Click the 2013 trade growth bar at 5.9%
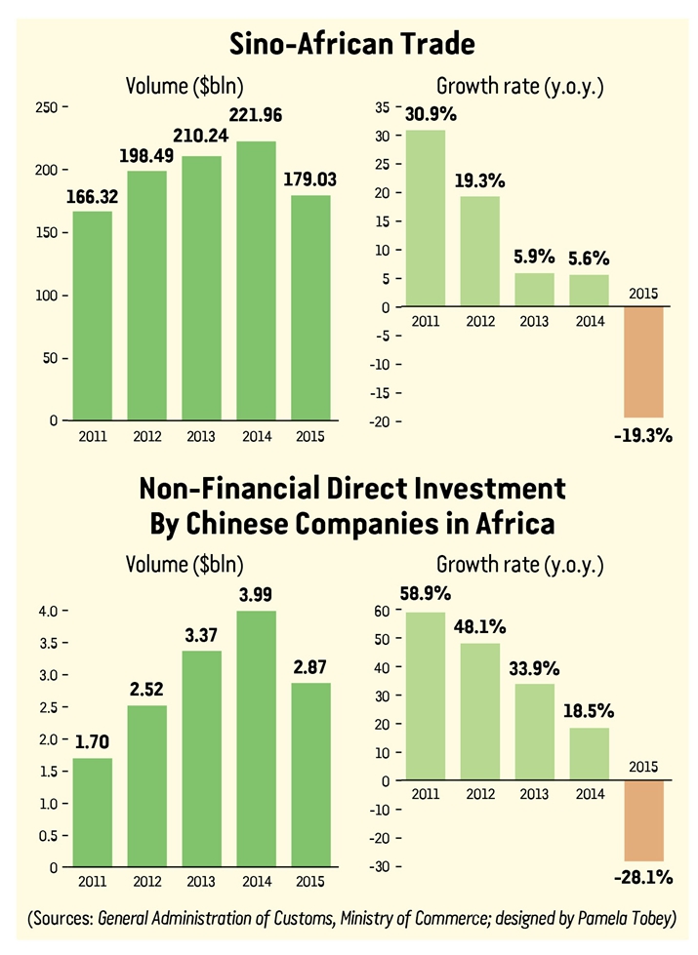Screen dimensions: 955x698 point(533,290)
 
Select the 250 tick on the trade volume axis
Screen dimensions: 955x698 point(46,105)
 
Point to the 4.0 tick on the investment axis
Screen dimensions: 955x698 point(46,611)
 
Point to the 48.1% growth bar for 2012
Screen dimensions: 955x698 point(479,711)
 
